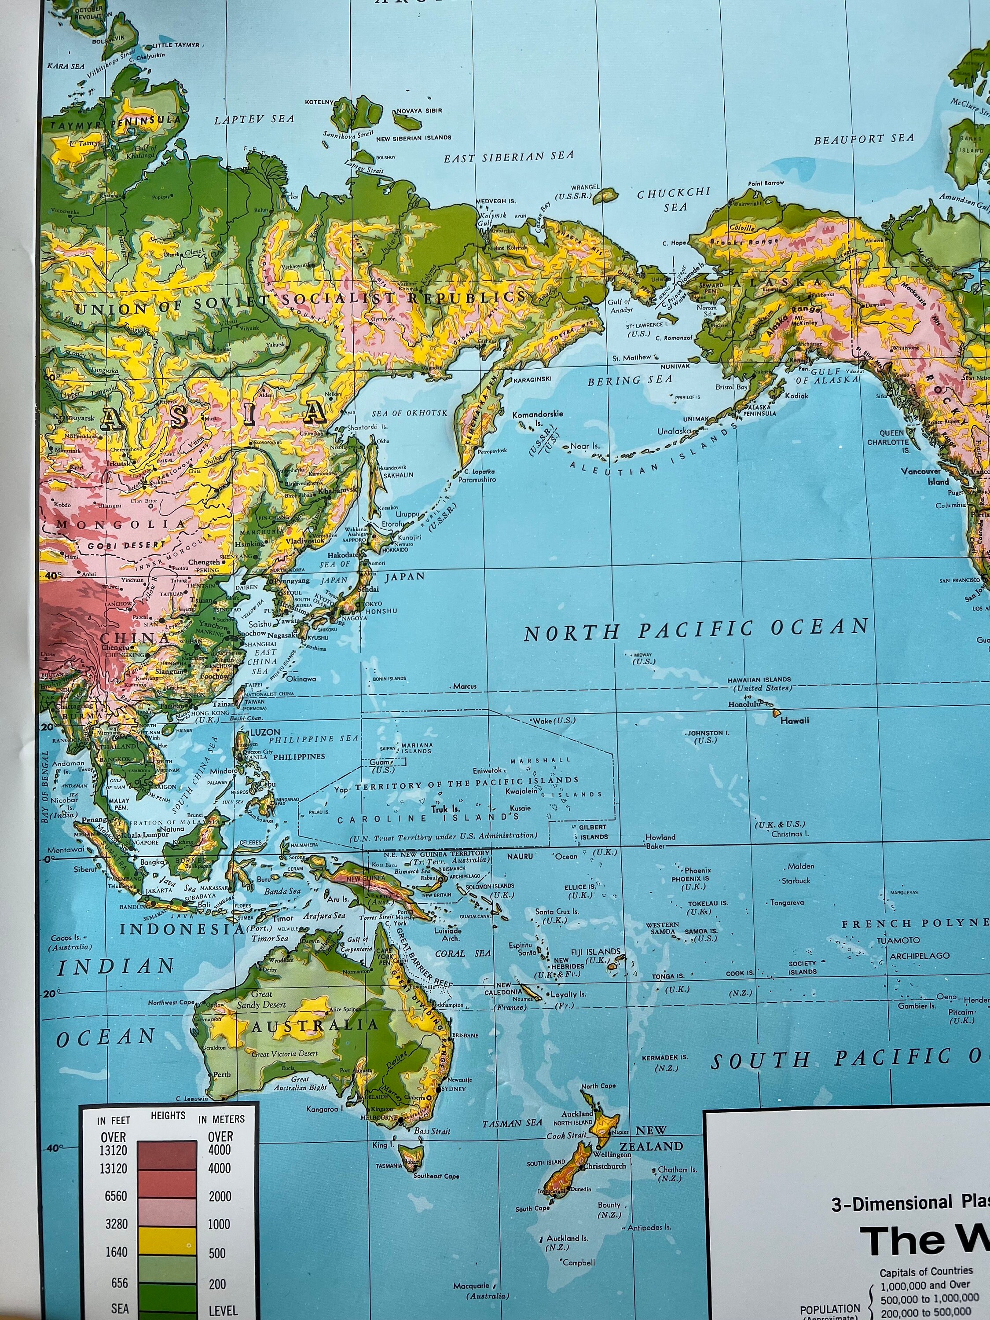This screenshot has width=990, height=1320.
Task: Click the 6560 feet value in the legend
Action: (x=116, y=1196)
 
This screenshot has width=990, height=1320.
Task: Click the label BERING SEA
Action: (x=630, y=380)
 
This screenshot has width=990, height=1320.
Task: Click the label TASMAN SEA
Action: (x=512, y=1123)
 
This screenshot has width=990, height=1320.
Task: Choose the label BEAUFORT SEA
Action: (x=863, y=139)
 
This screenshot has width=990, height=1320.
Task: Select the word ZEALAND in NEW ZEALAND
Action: (x=651, y=1146)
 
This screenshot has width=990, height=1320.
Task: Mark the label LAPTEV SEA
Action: (x=254, y=119)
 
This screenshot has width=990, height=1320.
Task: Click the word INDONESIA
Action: (x=182, y=929)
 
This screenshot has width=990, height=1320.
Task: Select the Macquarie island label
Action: (x=471, y=1298)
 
